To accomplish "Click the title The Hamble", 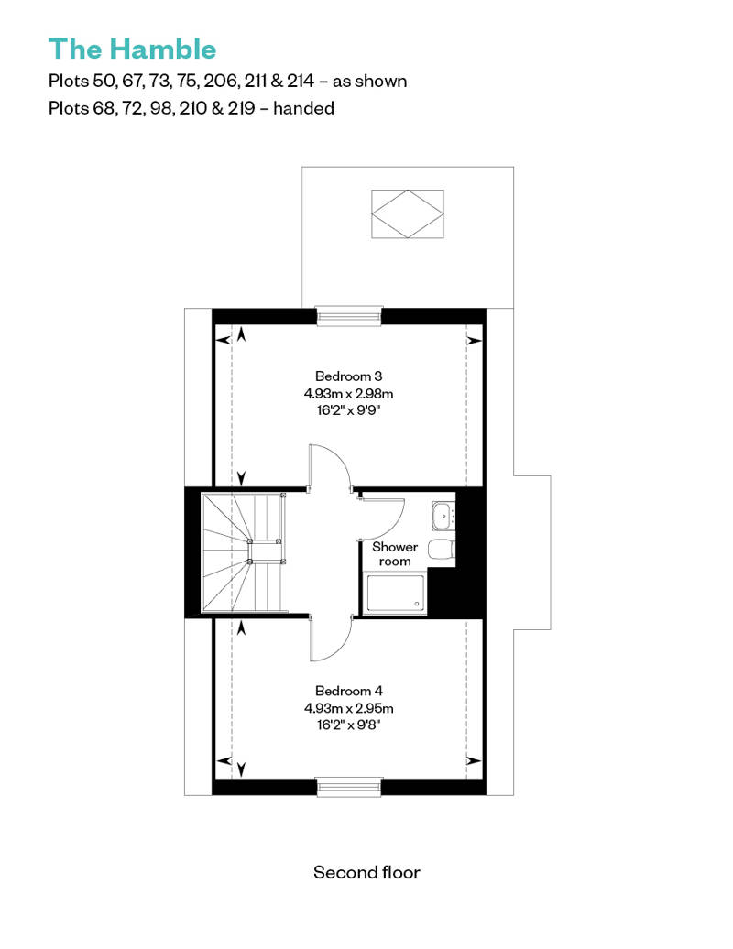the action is (x=132, y=49).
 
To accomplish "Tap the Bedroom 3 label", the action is (x=349, y=376).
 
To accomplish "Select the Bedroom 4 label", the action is (x=349, y=691).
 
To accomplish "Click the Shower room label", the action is (x=395, y=554).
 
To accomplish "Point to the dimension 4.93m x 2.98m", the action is (x=349, y=393).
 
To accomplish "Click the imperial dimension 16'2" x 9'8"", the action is (x=349, y=725).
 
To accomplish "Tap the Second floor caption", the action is (x=366, y=872).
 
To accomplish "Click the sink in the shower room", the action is (x=443, y=516).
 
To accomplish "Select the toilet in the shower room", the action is (x=442, y=550).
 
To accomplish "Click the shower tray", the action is (x=396, y=594).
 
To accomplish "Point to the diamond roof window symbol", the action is (x=408, y=213).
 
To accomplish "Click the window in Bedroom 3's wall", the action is (x=350, y=316).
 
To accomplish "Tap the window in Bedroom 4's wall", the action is (x=350, y=787).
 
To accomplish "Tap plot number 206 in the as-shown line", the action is (x=220, y=82).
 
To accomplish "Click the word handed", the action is (x=304, y=108).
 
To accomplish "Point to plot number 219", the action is (x=242, y=108).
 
